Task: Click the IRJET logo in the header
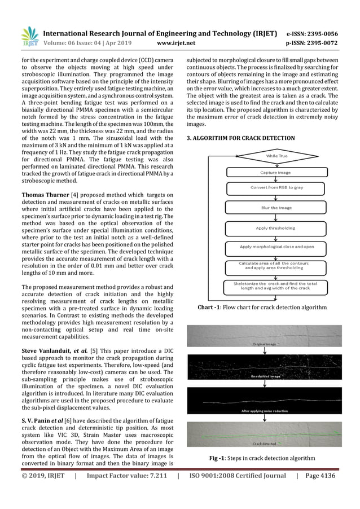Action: point(29,36)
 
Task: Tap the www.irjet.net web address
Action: point(178,42)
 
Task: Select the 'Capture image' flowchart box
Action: point(275,172)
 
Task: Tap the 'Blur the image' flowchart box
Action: point(275,208)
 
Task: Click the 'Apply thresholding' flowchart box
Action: point(275,228)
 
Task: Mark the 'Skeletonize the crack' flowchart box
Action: point(275,286)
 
